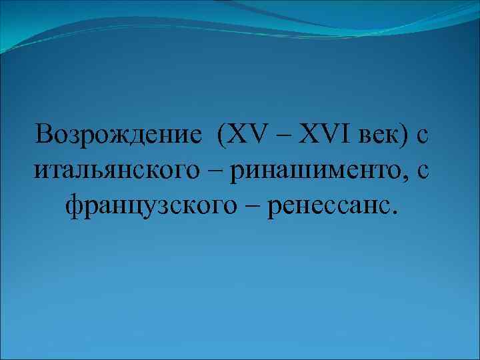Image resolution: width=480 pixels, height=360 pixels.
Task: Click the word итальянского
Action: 127,172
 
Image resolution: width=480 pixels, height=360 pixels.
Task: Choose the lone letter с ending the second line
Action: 423,173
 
